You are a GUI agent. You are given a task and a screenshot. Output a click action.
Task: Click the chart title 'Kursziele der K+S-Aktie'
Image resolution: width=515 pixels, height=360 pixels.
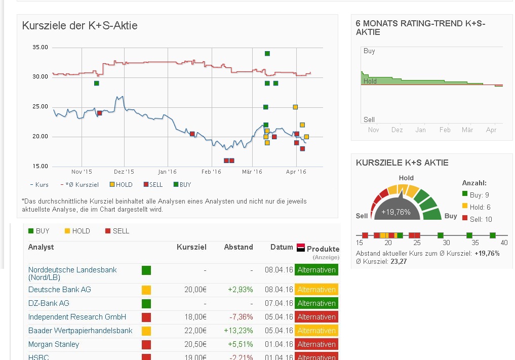[x=80, y=26]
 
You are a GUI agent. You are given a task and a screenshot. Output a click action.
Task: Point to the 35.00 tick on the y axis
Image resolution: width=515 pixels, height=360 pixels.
[x=40, y=47]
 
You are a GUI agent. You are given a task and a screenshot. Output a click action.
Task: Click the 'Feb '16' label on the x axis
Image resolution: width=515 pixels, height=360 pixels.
[x=211, y=172]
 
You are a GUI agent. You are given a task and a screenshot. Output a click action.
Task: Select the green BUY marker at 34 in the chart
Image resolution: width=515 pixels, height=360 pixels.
[x=267, y=54]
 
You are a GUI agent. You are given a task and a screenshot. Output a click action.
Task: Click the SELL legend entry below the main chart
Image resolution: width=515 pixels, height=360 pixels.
[x=153, y=185]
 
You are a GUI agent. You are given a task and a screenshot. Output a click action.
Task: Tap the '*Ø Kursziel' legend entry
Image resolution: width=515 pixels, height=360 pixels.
[x=82, y=185]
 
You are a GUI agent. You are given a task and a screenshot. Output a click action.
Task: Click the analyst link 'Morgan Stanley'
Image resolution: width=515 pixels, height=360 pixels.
[x=54, y=344]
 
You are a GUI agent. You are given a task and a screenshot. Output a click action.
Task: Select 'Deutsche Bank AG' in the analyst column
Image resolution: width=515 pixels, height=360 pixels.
[x=60, y=290]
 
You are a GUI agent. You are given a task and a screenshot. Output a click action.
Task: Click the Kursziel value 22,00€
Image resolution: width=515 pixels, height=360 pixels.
[x=195, y=331]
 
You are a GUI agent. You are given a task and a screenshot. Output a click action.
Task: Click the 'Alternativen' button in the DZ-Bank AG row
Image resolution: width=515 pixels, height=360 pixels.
[x=316, y=303]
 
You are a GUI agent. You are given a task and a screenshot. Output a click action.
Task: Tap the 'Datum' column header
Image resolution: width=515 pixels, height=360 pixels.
[x=282, y=247]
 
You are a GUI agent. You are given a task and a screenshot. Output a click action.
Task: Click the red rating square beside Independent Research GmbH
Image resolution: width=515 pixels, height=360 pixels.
[x=146, y=317]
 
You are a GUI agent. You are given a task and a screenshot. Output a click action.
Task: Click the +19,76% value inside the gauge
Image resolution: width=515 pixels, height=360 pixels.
[x=396, y=212]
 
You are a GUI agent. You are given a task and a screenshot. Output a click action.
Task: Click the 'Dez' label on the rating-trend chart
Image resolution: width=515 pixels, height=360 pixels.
[x=397, y=130]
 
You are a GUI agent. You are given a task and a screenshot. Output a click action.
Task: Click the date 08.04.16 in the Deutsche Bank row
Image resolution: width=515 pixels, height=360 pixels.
[x=279, y=290]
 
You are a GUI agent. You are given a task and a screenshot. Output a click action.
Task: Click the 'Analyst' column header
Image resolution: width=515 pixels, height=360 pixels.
[x=41, y=247]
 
